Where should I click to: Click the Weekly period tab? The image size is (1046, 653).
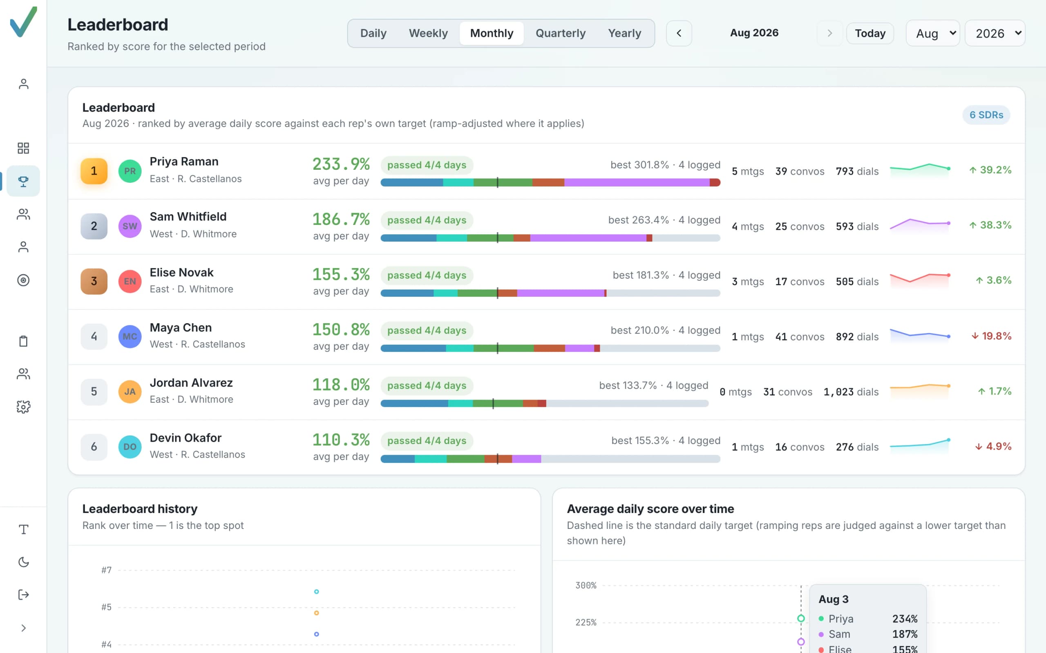click(x=428, y=33)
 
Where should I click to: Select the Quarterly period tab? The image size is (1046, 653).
click(x=560, y=33)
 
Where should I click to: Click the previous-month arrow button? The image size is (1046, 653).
click(x=679, y=33)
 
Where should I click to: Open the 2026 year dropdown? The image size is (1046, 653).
click(x=995, y=33)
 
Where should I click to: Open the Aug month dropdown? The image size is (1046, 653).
click(x=932, y=33)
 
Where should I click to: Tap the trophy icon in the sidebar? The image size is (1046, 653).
click(x=23, y=181)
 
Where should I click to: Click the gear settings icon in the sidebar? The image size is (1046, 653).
click(x=23, y=407)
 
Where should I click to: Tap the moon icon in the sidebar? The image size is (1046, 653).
click(x=23, y=562)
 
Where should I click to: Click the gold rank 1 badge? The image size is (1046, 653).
click(x=94, y=171)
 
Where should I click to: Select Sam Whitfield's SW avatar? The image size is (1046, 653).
click(x=130, y=226)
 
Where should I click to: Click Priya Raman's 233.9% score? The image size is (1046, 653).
click(x=341, y=164)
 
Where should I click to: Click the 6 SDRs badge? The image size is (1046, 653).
click(x=986, y=115)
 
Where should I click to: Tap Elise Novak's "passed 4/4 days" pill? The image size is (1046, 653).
click(x=427, y=275)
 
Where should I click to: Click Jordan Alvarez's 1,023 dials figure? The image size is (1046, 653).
click(x=851, y=392)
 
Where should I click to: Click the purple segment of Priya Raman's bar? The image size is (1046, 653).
click(x=637, y=183)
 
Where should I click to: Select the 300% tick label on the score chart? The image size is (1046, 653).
click(x=586, y=586)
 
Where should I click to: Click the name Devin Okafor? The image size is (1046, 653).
click(x=186, y=438)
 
